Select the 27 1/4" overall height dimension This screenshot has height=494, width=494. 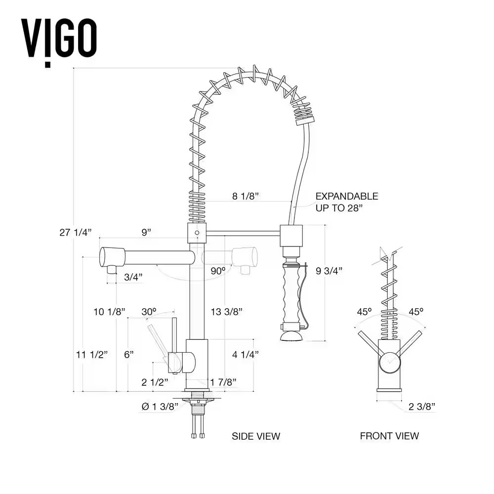pyautogui.click(x=76, y=232)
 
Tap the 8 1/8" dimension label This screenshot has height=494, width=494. pyautogui.click(x=246, y=196)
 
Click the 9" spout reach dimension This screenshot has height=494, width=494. pyautogui.click(x=146, y=232)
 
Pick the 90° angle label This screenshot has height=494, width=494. pyautogui.click(x=217, y=271)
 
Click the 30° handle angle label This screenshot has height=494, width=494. pyautogui.click(x=148, y=312)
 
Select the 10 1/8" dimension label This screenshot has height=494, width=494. pyautogui.click(x=109, y=312)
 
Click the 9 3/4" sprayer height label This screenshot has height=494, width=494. pyautogui.click(x=329, y=270)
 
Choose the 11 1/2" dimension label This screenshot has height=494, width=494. pyautogui.click(x=92, y=354)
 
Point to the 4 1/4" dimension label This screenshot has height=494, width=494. pyautogui.click(x=246, y=354)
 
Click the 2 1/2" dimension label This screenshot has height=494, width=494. pyautogui.click(x=155, y=381)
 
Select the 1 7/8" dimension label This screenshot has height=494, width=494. pyautogui.click(x=223, y=381)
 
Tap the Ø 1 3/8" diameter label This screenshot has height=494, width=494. pyautogui.click(x=160, y=407)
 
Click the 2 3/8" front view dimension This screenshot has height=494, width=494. pyautogui.click(x=422, y=407)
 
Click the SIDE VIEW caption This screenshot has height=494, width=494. pyautogui.click(x=256, y=436)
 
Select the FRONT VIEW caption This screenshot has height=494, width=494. pyautogui.click(x=389, y=436)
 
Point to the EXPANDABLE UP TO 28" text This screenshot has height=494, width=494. pyautogui.click(x=347, y=202)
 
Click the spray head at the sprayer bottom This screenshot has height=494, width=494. pyautogui.click(x=291, y=336)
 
